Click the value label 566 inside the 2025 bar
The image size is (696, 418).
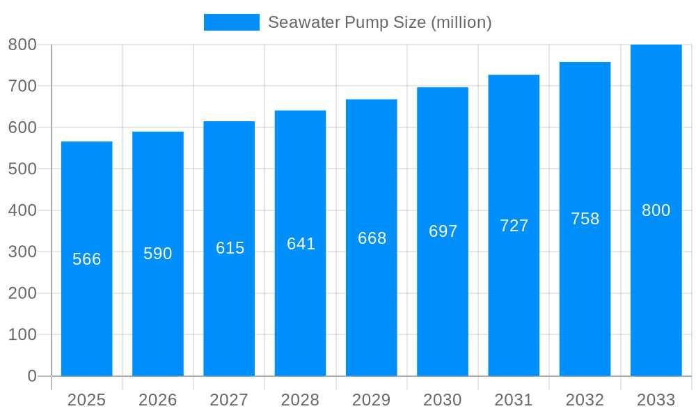tap(87, 259)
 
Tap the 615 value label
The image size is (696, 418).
tap(230, 248)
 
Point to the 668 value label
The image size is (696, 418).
tap(372, 238)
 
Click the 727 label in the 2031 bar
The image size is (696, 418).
tap(514, 226)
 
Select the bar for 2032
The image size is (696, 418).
tap(585, 293)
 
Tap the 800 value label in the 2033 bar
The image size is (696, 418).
tap(656, 210)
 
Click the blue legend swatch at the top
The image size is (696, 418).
tap(231, 22)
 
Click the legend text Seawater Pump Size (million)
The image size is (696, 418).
tap(379, 22)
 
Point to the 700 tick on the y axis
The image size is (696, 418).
tap(22, 86)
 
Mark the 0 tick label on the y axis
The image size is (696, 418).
tap(31, 376)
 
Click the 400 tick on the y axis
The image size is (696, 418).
tap(22, 210)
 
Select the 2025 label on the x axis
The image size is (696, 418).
tap(86, 400)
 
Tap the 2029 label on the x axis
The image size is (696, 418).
tap(371, 400)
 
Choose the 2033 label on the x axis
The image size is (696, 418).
tap(656, 400)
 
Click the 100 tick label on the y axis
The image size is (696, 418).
tap(22, 334)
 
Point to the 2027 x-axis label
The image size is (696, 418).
tap(229, 400)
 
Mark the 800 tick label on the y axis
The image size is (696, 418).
tap(22, 45)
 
